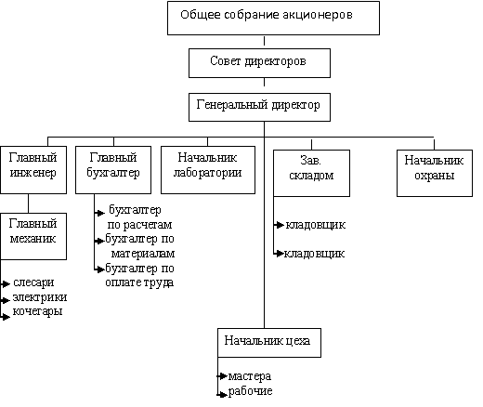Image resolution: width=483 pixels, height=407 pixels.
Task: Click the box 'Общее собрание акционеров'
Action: [273, 18]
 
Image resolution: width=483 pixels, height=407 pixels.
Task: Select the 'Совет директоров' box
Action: [259, 63]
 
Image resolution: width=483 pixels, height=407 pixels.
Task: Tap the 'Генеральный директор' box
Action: [259, 107]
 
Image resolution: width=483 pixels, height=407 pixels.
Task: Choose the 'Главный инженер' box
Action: [33, 170]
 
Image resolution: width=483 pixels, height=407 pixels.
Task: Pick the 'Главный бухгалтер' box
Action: [113, 170]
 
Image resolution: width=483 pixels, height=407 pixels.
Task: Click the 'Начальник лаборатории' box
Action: [208, 170]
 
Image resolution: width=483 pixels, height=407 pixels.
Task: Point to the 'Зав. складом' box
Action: [312, 173]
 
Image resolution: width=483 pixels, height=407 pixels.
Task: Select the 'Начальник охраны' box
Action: [435, 173]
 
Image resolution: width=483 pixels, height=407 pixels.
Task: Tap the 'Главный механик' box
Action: [33, 236]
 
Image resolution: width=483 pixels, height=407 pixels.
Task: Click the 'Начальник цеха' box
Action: [269, 343]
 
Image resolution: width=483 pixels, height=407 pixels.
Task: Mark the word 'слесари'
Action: [33, 282]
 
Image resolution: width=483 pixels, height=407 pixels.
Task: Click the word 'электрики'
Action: [40, 297]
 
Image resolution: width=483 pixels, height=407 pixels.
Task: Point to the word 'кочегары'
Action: [37, 311]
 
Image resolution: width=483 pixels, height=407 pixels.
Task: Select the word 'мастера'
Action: [250, 376]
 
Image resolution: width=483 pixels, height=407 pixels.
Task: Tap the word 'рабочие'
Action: [251, 391]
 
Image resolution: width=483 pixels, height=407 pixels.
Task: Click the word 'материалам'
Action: [143, 254]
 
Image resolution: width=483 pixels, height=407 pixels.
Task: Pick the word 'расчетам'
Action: [148, 225]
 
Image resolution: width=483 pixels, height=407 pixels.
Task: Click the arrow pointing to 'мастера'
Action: [222, 376]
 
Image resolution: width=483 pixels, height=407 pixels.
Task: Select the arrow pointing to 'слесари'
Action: [6, 283]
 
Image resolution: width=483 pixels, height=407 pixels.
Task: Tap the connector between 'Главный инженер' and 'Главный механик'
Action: [28, 203]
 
